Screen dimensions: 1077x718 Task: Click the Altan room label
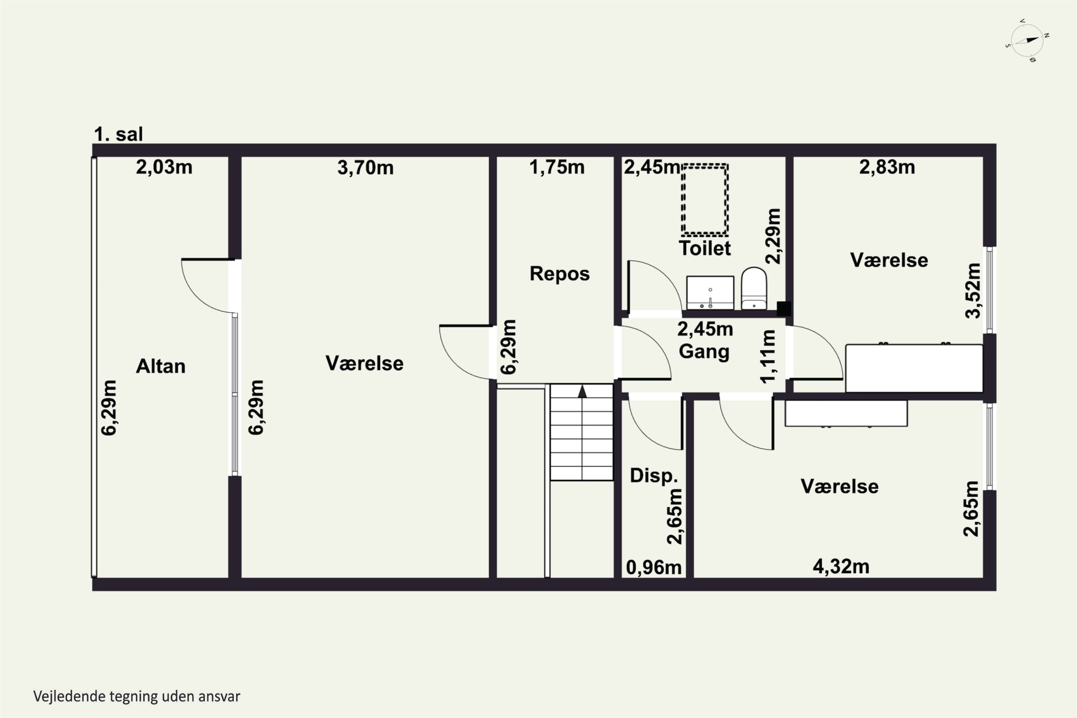tap(161, 366)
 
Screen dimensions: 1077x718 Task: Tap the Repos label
tap(560, 274)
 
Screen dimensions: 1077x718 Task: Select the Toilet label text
tap(705, 248)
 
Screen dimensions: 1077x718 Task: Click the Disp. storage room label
tap(653, 475)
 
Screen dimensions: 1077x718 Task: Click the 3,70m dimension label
tap(365, 168)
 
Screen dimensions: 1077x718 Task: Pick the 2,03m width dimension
tap(164, 167)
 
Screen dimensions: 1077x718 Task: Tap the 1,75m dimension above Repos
tap(557, 167)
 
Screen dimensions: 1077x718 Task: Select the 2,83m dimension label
tap(887, 167)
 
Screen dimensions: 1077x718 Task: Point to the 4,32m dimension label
tap(841, 567)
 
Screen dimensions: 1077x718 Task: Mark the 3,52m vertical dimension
tap(973, 291)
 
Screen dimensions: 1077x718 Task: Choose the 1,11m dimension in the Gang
tap(768, 356)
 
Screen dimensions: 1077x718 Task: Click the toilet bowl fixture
tap(754, 289)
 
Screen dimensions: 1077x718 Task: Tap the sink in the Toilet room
tap(710, 293)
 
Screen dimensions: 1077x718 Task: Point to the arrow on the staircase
tap(582, 392)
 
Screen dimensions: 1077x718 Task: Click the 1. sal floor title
tap(118, 135)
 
